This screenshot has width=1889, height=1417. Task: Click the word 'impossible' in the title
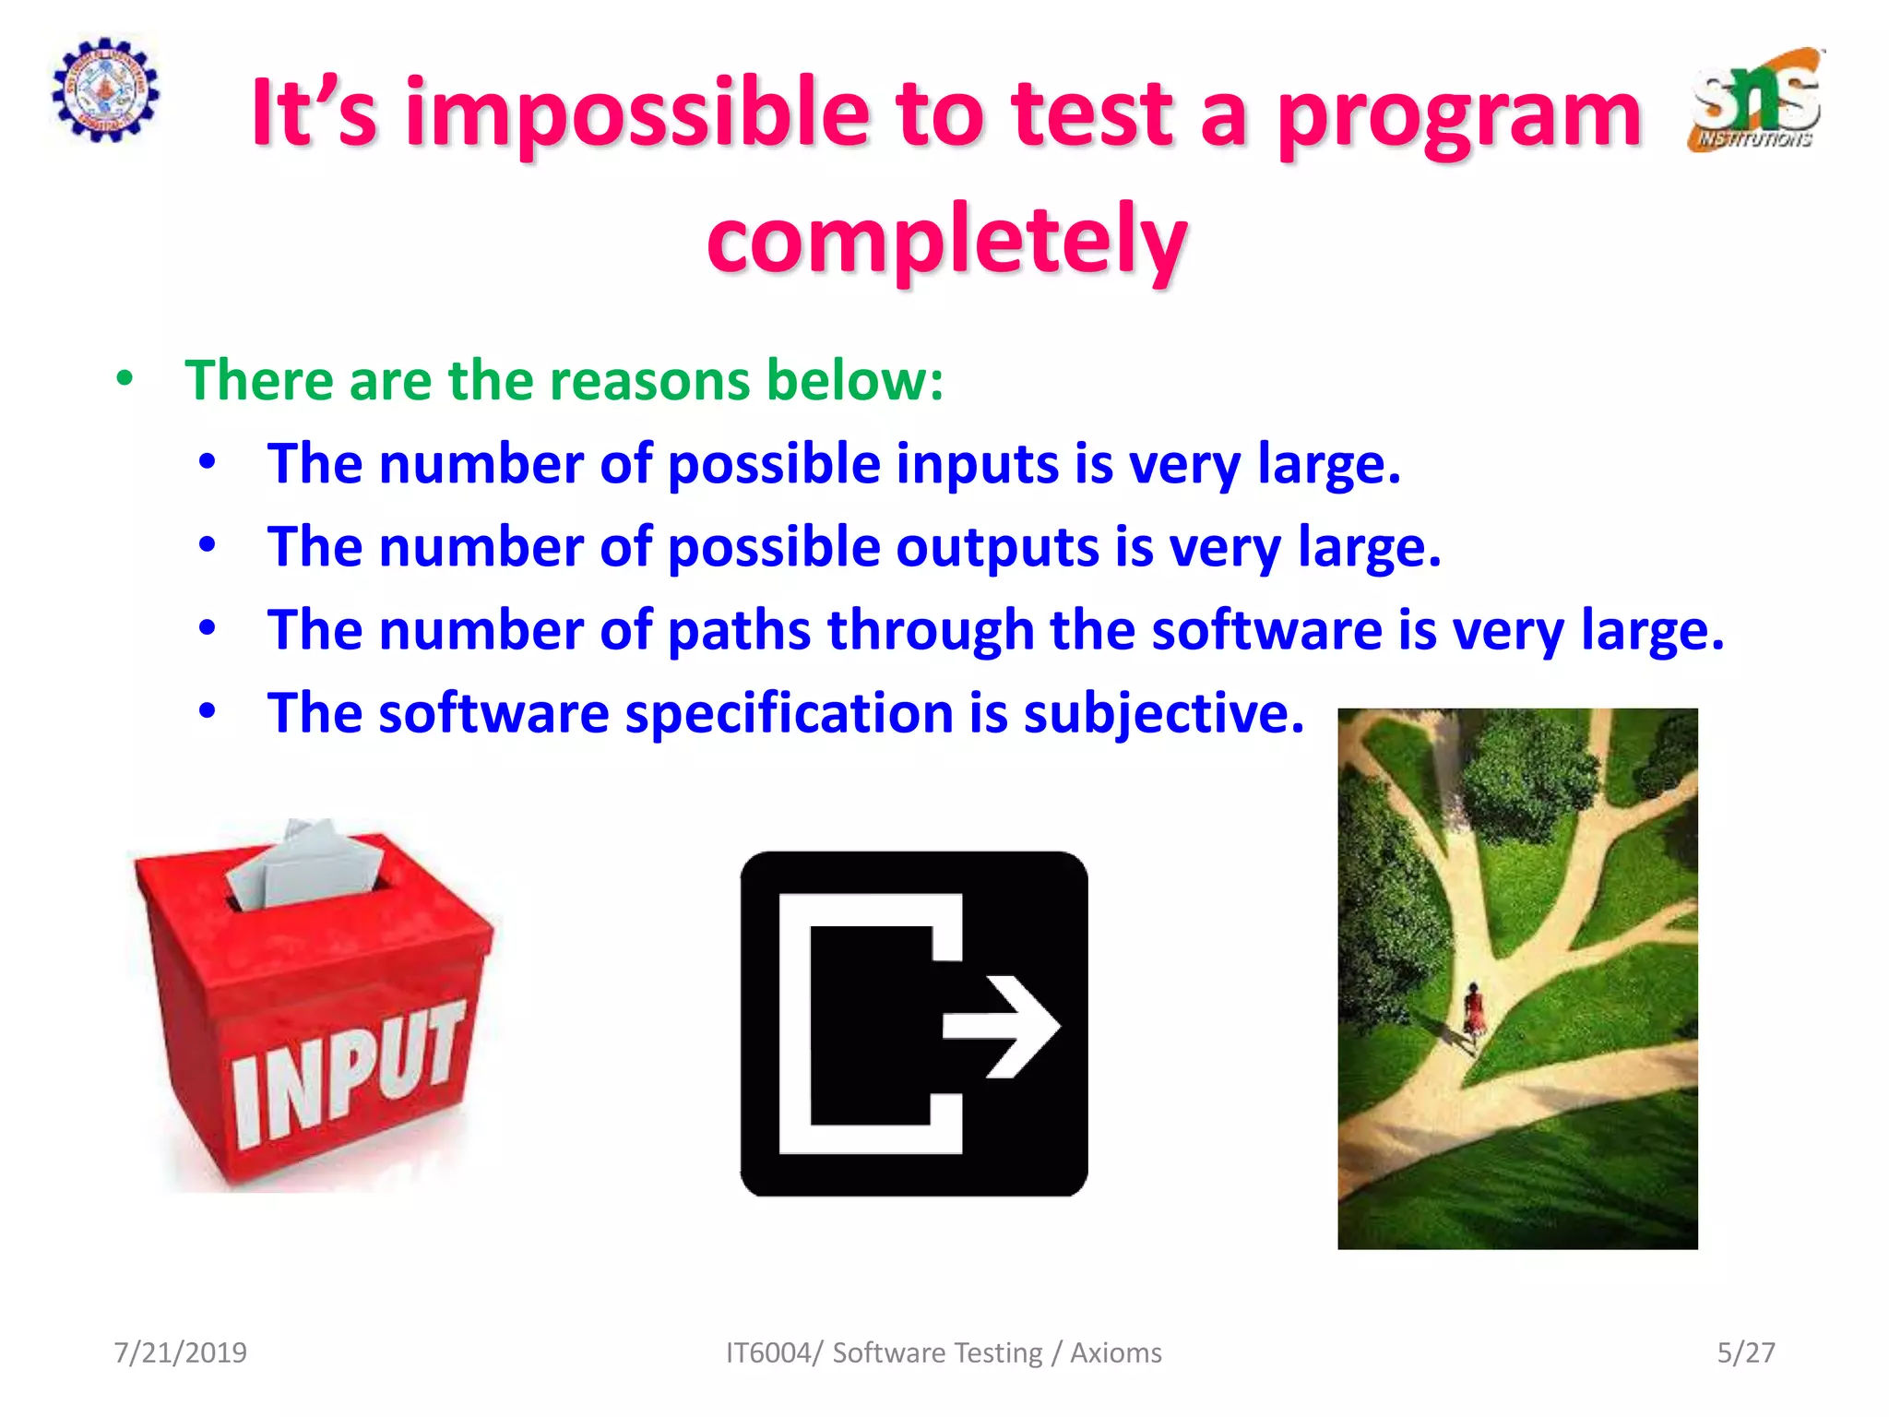pyautogui.click(x=636, y=115)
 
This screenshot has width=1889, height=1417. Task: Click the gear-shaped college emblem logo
pyautogui.click(x=105, y=89)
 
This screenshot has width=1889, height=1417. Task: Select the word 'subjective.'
pyautogui.click(x=1164, y=713)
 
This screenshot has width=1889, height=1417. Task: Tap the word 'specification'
pyautogui.click(x=790, y=713)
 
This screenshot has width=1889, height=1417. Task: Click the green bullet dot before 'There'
pyautogui.click(x=125, y=378)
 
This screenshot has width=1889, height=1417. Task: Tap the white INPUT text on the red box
pyautogui.click(x=346, y=1075)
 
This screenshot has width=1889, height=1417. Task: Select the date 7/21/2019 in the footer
pyautogui.click(x=180, y=1352)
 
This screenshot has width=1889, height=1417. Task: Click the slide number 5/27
pyautogui.click(x=1745, y=1352)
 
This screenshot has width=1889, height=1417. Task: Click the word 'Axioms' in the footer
pyautogui.click(x=1115, y=1352)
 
